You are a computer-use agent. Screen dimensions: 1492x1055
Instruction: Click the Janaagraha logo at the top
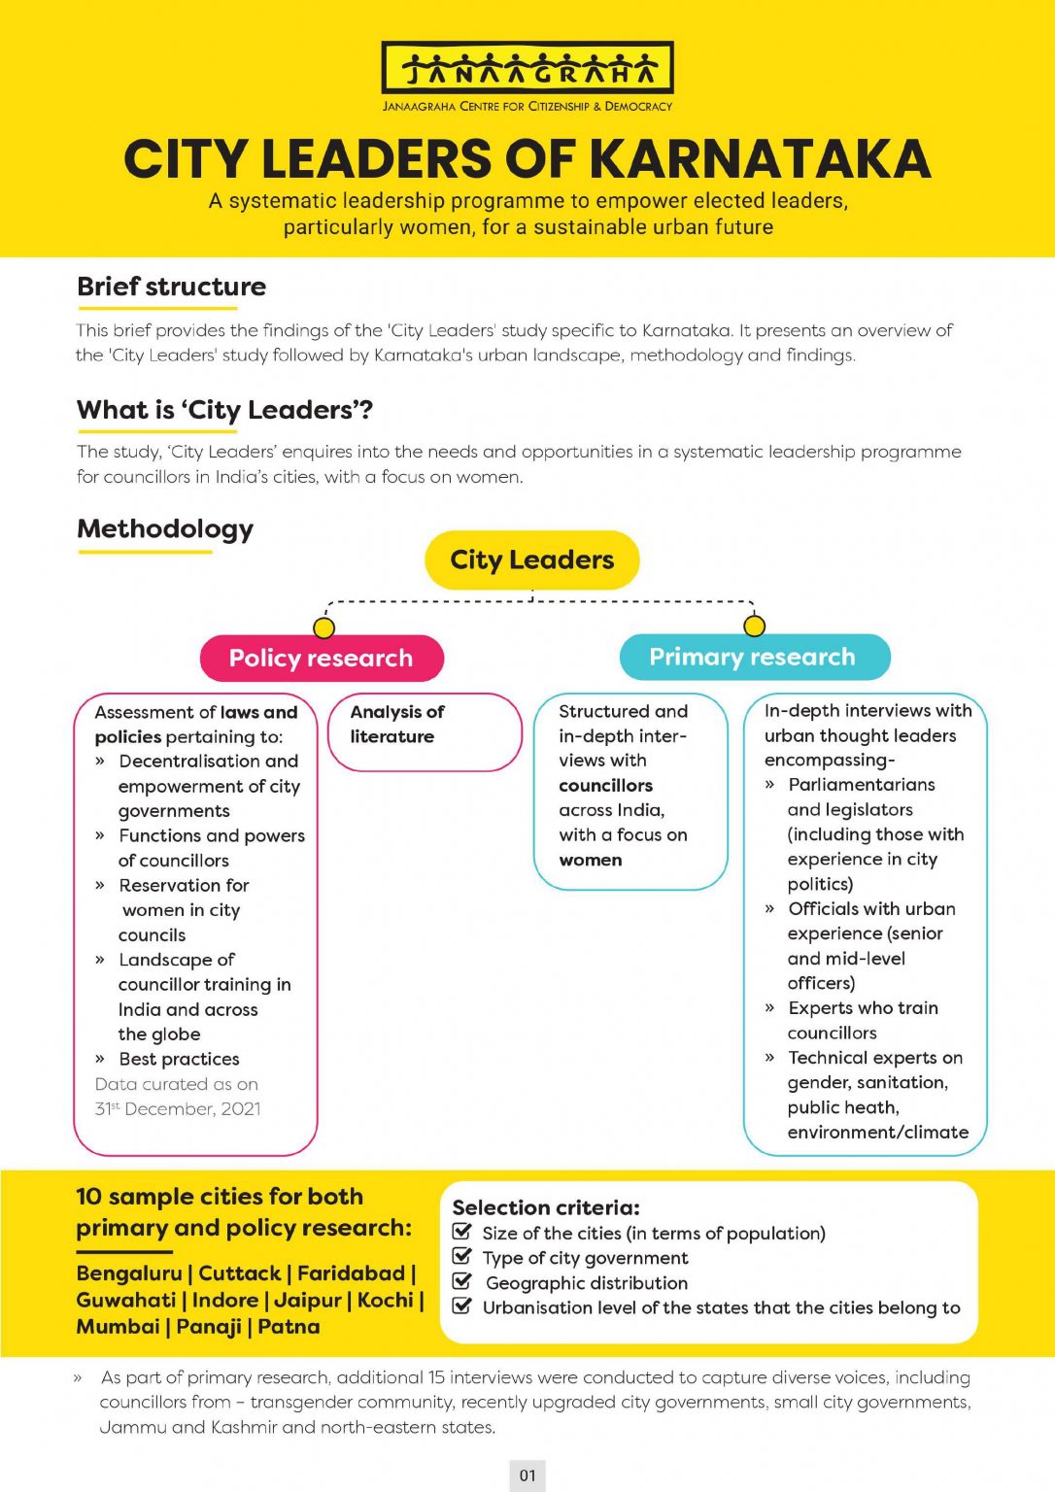527,69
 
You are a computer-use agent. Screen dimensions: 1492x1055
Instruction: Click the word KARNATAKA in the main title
760,159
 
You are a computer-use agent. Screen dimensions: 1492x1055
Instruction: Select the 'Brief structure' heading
171,287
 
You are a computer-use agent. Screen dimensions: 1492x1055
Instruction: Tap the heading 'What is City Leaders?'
224,410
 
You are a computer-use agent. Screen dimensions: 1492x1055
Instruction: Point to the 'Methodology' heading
165,529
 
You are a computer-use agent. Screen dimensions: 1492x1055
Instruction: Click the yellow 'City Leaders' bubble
532,559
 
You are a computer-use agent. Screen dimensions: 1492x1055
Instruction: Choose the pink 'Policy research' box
321,659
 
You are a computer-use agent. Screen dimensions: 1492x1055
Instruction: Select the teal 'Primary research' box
753,658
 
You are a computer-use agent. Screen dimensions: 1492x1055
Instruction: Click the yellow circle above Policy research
324,627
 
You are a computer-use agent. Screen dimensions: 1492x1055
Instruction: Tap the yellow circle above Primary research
754,626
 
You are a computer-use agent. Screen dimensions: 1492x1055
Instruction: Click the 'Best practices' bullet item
179,1059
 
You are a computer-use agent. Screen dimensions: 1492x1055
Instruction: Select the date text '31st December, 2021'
178,1109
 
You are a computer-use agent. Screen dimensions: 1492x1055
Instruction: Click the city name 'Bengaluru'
129,1273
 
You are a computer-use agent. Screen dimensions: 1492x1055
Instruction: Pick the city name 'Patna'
289,1327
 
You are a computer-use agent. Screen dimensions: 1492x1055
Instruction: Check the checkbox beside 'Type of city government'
462,1257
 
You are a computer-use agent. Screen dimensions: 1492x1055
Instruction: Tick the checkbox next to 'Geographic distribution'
462,1282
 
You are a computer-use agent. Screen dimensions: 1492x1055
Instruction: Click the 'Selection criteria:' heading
546,1207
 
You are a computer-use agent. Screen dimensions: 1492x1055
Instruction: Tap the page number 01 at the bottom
527,1475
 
